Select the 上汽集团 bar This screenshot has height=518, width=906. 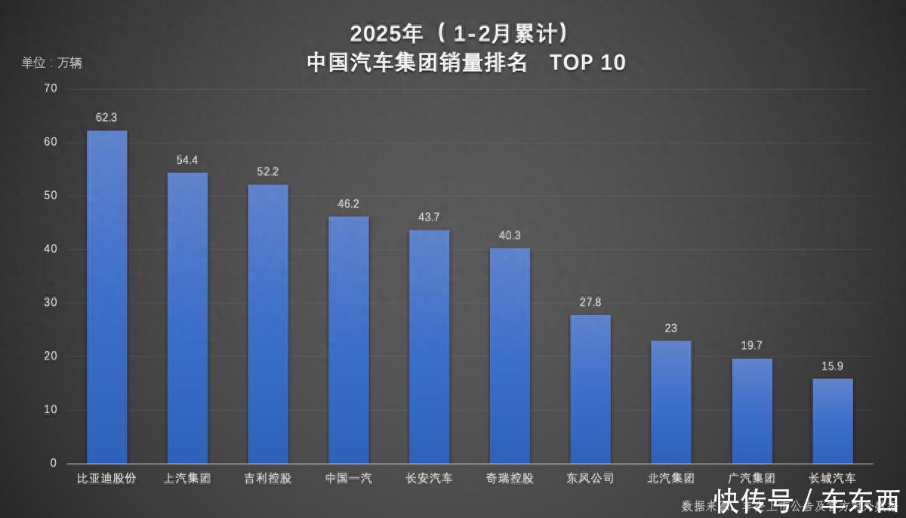pyautogui.click(x=187, y=318)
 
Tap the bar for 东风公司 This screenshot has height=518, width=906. pyautogui.click(x=590, y=389)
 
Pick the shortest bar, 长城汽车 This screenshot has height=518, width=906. pyautogui.click(x=833, y=421)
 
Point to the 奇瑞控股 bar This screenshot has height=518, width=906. pyautogui.click(x=510, y=356)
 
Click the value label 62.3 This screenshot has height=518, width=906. pyautogui.click(x=106, y=118)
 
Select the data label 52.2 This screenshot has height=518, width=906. pyautogui.click(x=267, y=171)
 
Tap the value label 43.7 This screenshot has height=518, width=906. pyautogui.click(x=429, y=217)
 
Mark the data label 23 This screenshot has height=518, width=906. pyautogui.click(x=671, y=328)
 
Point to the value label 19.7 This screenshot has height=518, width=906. pyautogui.click(x=751, y=346)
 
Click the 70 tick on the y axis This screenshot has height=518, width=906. pyautogui.click(x=51, y=88)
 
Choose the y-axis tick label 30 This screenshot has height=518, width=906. pyautogui.click(x=51, y=303)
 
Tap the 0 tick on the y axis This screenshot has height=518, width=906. pyautogui.click(x=54, y=463)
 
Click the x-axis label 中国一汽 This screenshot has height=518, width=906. pyautogui.click(x=348, y=479)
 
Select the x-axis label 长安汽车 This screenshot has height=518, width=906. pyautogui.click(x=429, y=479)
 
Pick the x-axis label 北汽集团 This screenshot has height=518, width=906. pyautogui.click(x=671, y=479)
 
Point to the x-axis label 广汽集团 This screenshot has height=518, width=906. pyautogui.click(x=752, y=479)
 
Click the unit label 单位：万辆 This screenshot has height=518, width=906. pyautogui.click(x=51, y=63)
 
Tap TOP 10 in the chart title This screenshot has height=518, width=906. pyautogui.click(x=588, y=63)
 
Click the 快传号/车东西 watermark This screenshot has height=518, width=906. pyautogui.click(x=808, y=501)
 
